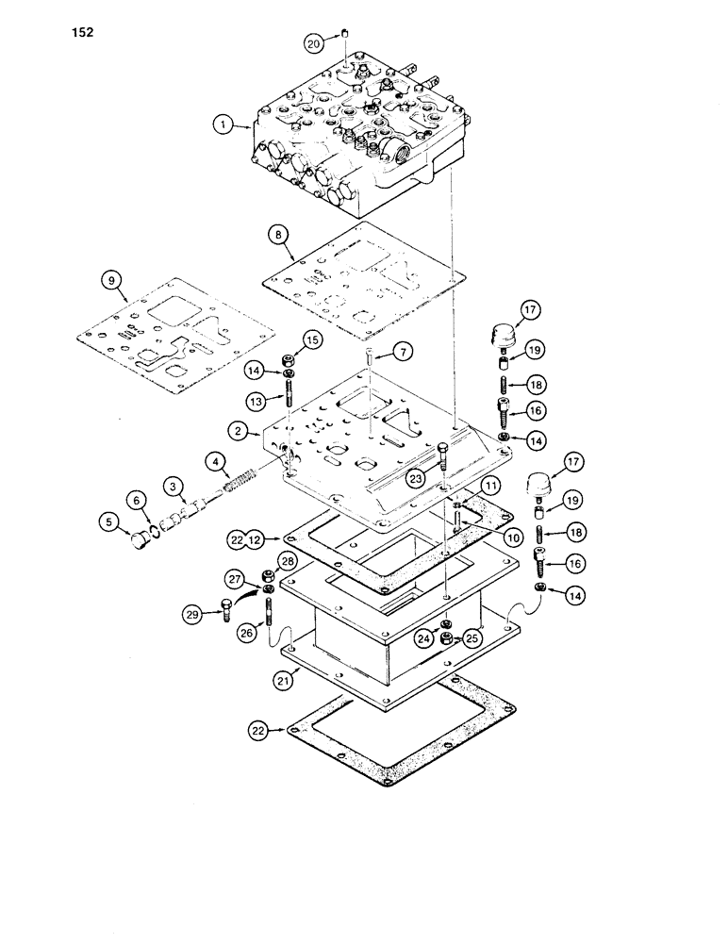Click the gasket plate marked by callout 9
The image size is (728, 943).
[x=174, y=340]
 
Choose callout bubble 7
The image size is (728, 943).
[x=402, y=353]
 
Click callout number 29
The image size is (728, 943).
[x=196, y=615]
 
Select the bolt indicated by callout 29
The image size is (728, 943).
[x=224, y=610]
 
